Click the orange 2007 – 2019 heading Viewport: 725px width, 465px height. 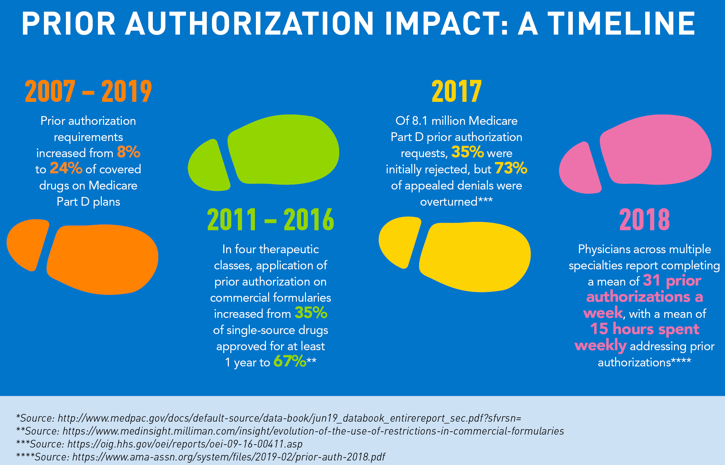click(88, 92)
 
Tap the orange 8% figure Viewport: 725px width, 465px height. click(129, 152)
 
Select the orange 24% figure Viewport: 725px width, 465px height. click(66, 168)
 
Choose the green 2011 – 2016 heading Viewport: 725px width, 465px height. click(270, 220)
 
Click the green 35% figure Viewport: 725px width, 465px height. click(311, 313)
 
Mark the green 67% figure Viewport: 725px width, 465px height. click(289, 361)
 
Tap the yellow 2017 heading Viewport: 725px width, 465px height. click(457, 92)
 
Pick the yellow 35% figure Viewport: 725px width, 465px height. click(467, 152)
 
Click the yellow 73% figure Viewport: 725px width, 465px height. click(511, 168)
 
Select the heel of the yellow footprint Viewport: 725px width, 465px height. click(399, 241)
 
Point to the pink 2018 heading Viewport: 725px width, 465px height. click(645, 220)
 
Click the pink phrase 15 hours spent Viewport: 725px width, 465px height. click(645, 329)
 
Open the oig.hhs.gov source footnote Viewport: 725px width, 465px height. click(159, 444)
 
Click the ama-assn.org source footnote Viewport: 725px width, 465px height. click(201, 457)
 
